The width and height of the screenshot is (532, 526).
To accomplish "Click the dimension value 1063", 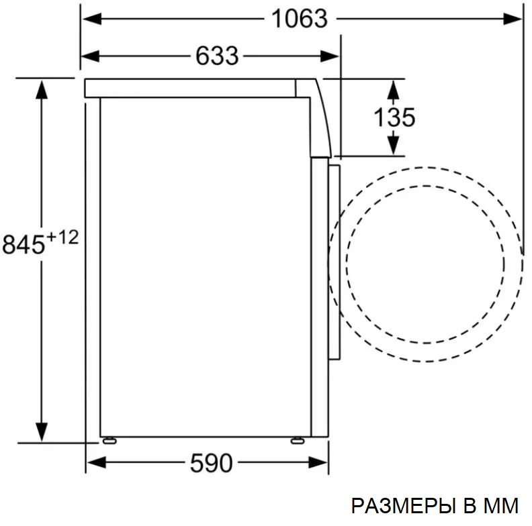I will [299, 19].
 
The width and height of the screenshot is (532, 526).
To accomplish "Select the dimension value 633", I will [217, 56].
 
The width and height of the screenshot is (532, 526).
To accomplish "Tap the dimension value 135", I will [394, 117].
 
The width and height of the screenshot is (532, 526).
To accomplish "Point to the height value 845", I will [24, 244].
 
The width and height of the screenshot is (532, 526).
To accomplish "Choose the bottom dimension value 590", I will [210, 462].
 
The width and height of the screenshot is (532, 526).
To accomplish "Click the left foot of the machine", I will [107, 441].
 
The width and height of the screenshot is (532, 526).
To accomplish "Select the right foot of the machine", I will [296, 441].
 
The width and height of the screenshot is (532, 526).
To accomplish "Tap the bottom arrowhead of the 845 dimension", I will [42, 432].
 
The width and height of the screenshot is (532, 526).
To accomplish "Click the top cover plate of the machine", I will [195, 88].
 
